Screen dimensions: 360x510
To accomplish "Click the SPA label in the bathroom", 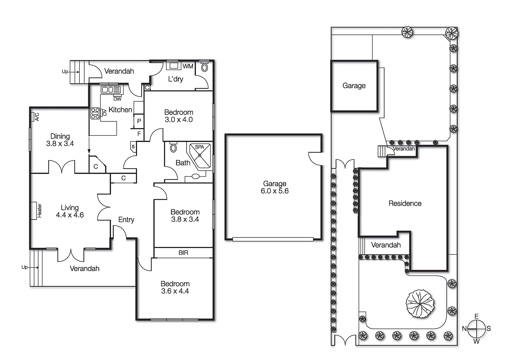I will click(x=199, y=147).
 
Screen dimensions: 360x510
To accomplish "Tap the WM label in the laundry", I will click(x=188, y=66).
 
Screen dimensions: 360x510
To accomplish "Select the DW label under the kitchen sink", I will click(x=117, y=99).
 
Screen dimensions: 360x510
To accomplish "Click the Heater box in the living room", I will click(x=34, y=211).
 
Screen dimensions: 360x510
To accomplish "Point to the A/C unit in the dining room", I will click(x=33, y=117).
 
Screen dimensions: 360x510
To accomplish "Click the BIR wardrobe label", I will click(x=183, y=253).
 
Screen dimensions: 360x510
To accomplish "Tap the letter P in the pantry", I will click(x=139, y=121).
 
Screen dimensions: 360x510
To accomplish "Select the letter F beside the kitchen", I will click(x=139, y=134).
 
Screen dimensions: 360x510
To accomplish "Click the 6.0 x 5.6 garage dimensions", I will click(x=274, y=191).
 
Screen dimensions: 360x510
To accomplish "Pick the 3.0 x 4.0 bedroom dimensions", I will click(x=178, y=120).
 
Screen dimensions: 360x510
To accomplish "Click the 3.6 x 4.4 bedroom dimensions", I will click(x=175, y=291).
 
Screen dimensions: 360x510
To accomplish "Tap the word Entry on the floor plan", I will click(x=126, y=220).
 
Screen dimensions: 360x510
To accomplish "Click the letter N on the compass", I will click(x=464, y=329).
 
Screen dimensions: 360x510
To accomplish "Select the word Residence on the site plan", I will click(x=405, y=203).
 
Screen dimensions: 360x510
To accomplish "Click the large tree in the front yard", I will click(x=420, y=304).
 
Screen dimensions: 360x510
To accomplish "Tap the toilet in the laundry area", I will click(x=205, y=67).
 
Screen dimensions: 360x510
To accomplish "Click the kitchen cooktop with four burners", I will click(x=95, y=113).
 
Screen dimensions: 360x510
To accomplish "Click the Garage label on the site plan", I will click(x=354, y=85).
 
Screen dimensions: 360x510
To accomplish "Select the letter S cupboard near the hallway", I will click(x=133, y=147).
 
